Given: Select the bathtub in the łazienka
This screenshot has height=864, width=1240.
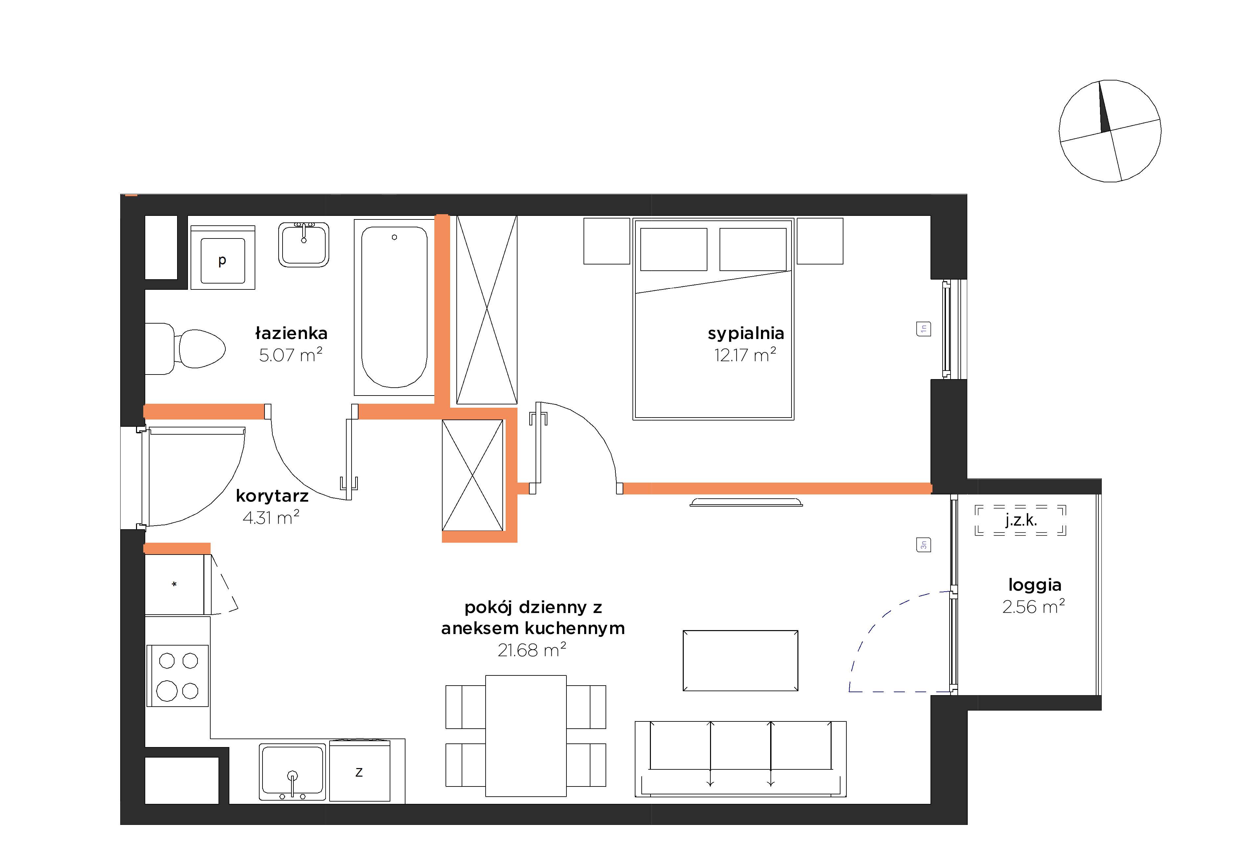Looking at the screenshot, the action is (394, 307).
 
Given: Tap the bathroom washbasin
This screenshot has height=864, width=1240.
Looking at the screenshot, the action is (304, 245).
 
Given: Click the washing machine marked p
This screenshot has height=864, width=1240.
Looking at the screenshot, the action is (222, 258).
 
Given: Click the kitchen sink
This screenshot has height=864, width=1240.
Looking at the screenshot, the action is (292, 772).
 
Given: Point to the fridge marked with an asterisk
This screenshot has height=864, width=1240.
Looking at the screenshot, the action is (174, 584).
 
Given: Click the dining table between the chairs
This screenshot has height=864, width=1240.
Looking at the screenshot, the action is (525, 736).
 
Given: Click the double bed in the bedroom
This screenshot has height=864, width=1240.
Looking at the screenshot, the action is (713, 319).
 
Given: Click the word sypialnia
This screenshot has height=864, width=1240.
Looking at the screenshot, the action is (746, 333).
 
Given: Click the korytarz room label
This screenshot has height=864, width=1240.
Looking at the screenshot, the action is (272, 496).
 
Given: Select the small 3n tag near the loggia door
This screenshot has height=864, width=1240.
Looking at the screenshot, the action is (924, 545).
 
